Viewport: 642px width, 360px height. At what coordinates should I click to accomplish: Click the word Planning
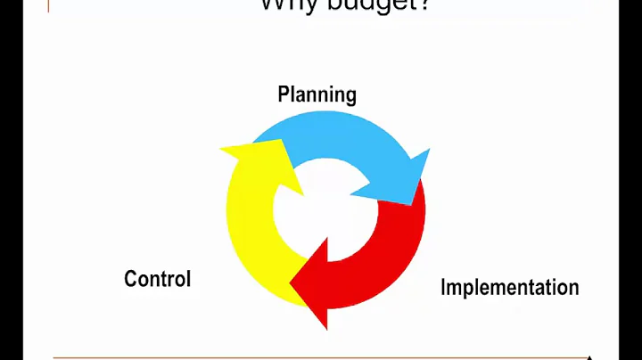317,94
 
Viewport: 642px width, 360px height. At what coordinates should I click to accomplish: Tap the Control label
157,278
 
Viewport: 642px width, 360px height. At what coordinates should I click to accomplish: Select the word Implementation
509,287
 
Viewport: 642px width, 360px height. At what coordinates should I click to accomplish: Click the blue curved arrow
339,147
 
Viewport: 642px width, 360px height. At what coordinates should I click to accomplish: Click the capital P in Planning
284,94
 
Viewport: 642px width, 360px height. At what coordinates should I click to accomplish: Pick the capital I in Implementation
443,287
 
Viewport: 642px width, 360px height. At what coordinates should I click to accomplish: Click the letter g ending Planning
350,97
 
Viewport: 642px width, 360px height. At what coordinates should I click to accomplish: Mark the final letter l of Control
188,278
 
